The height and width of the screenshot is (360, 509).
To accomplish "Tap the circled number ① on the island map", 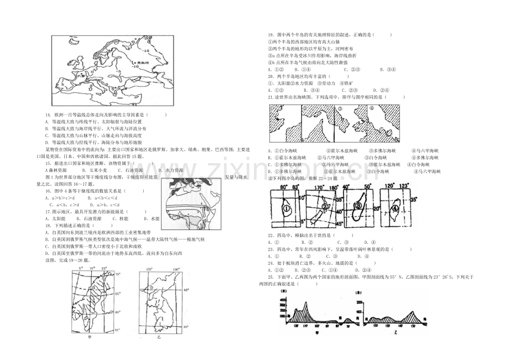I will coord(286,210).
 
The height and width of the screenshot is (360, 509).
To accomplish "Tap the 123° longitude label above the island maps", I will coord(407,186).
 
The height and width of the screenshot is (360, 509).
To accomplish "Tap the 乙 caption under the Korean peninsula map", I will coord(158,336).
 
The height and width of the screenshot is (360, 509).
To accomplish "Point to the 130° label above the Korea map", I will coord(176,269).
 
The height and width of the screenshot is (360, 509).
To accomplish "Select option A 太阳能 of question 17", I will coord(56,218).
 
